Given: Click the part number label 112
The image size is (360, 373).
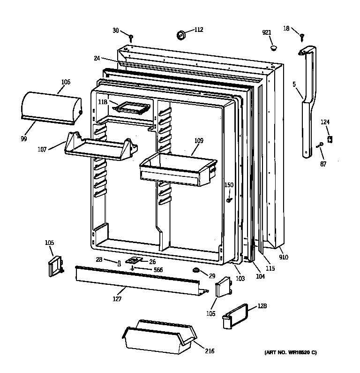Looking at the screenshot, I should pos(199,30).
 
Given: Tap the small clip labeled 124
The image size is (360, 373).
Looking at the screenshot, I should pos(330,139).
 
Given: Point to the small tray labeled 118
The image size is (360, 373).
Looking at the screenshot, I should pos(132,107).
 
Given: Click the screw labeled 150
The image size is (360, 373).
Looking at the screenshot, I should pos(229,200).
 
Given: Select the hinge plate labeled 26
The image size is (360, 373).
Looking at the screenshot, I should pos(136,260).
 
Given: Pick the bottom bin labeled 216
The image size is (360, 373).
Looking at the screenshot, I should pos(159,337).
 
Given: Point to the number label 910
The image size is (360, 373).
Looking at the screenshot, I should pos(283,257).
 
